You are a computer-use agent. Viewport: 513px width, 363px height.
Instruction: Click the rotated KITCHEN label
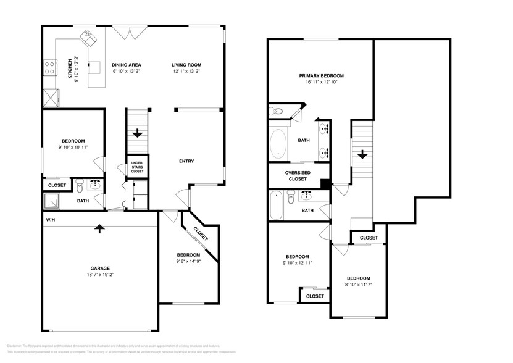click(x=69, y=69)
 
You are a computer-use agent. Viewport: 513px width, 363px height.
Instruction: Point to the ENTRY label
click(x=186, y=161)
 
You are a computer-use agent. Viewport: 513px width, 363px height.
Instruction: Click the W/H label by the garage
click(x=49, y=220)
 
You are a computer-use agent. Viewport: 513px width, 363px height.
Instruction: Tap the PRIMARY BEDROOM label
click(x=321, y=75)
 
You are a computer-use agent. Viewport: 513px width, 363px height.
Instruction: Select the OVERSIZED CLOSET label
click(x=297, y=175)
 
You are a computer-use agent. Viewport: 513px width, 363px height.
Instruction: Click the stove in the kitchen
click(x=48, y=67)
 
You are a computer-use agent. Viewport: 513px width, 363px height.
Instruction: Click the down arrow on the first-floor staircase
click(x=136, y=132)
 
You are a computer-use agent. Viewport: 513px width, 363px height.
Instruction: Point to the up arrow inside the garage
click(x=98, y=229)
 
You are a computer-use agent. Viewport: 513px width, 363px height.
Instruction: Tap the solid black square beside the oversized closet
click(x=324, y=183)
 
